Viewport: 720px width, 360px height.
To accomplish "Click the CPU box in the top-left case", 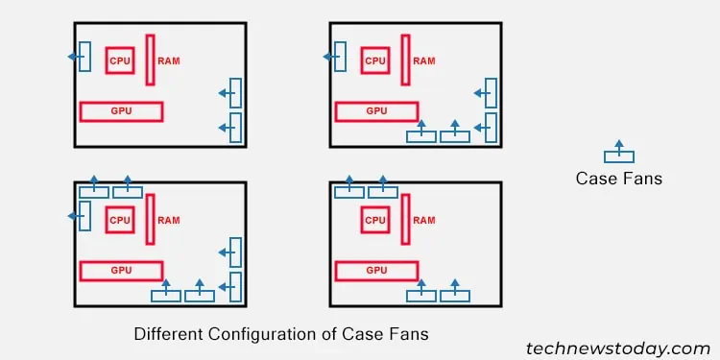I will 120,60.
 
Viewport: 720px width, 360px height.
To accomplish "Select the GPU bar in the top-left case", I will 122,111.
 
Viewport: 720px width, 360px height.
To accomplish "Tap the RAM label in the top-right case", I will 424,60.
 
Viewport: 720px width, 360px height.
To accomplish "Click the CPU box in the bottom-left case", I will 120,220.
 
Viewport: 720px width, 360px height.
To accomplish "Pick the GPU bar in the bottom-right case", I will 377,271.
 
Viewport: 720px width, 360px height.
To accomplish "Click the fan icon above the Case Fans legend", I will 618,155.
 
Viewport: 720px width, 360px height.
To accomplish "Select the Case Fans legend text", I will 618,179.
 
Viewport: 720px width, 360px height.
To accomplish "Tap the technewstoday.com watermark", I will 617,348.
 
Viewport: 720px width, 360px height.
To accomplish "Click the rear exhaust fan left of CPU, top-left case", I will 84,57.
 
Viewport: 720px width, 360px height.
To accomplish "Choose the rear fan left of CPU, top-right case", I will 340,57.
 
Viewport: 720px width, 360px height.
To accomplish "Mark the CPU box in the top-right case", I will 375,60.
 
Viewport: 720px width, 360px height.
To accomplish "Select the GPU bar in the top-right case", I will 377,111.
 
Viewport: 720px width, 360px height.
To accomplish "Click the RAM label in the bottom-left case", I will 169,220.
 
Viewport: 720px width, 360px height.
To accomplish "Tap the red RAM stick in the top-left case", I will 151,60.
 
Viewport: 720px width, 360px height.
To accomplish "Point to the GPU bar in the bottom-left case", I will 122,271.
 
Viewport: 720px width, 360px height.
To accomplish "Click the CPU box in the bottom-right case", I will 375,220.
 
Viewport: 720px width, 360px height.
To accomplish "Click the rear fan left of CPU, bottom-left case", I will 84,216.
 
